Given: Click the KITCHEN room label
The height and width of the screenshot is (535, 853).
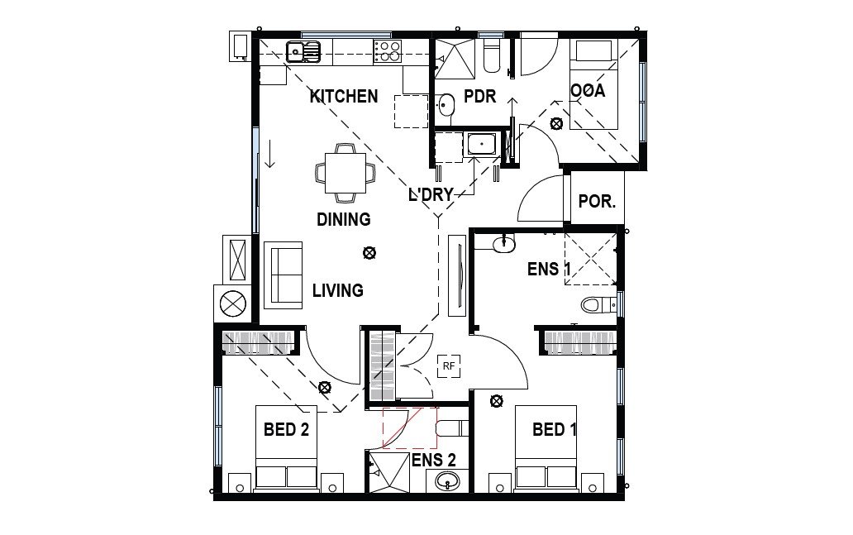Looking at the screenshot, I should coord(344,96).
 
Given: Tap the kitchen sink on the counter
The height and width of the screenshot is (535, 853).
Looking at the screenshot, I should coord(303,52).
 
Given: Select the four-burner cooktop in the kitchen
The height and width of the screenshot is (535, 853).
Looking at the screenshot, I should coord(387,51).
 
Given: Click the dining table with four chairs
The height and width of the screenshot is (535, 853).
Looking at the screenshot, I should coord(345,173).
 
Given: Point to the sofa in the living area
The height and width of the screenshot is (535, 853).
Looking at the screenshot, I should coord(284,272).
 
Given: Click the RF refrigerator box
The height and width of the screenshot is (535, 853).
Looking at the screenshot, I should coord(449,365).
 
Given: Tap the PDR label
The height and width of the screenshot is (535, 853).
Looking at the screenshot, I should coord(479,97).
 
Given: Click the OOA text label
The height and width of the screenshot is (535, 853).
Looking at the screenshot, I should coord(588,91).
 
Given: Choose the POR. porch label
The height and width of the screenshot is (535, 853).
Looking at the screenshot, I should coord(596,201).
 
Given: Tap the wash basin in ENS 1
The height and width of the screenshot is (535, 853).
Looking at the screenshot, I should coord(503,242).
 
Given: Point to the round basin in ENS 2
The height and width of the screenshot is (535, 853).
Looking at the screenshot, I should coord(450,483).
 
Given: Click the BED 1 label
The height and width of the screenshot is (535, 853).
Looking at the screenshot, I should coord(554,429).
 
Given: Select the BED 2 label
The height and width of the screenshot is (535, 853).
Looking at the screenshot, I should coord(286,429).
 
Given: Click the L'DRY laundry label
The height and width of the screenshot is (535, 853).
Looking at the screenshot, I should coord(431,195).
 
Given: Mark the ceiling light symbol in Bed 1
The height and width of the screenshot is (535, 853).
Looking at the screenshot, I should coord(496,401).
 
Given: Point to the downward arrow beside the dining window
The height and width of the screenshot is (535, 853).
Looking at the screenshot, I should coord(269,155).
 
